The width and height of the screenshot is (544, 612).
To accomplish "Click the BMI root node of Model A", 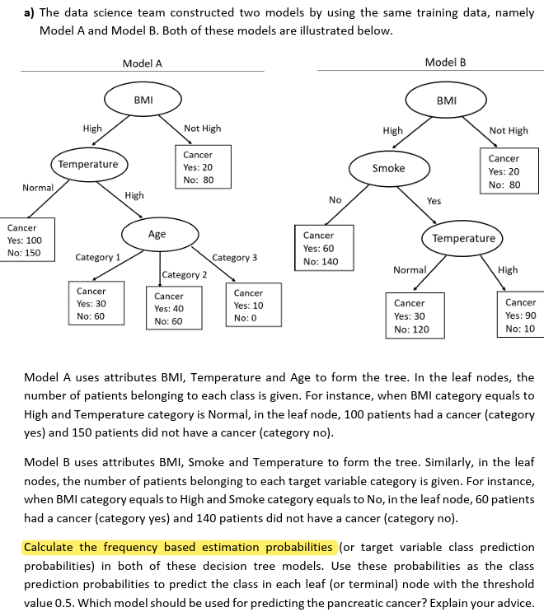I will pos(143,100).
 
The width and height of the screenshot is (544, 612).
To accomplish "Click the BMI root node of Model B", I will pos(446,100).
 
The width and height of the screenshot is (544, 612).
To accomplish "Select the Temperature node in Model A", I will pos(88,164).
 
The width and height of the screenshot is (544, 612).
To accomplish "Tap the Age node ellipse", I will pos(157,234).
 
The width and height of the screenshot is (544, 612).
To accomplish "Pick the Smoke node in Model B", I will pos(388,168).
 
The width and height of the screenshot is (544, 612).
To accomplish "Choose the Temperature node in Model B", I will pos(464,238).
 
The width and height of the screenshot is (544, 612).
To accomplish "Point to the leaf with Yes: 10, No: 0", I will pos(249,304).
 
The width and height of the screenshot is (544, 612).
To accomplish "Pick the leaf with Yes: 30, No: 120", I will pos(416,315).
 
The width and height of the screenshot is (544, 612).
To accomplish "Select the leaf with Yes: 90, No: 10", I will pos(520,315).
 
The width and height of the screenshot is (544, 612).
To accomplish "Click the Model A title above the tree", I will pos(142,63).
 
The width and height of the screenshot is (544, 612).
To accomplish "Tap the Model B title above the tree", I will pos(445,63).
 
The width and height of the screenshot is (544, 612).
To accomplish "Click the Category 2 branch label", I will pos(185,274).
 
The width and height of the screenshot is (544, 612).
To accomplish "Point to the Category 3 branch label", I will pos(235,258).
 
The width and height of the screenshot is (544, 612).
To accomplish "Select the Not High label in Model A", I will pos(202,128).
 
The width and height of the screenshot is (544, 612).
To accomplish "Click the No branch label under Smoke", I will pos(335,200).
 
